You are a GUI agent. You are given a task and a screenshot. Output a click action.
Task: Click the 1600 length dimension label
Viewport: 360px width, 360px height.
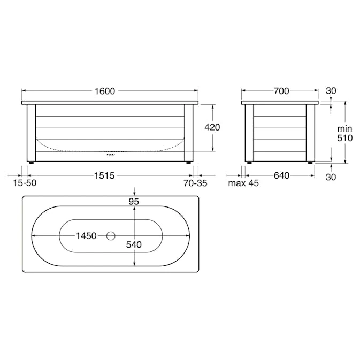click(105, 91)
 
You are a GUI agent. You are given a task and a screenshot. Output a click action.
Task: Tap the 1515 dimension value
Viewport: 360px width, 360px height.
click(104, 175)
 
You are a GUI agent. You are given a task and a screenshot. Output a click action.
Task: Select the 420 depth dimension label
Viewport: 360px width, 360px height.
click(212, 127)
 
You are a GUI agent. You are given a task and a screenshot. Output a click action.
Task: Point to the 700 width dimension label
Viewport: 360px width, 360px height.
click(281, 91)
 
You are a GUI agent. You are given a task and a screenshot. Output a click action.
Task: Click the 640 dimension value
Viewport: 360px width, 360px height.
click(281, 175)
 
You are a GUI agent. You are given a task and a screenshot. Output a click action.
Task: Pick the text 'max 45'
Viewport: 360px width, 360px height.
click(243, 183)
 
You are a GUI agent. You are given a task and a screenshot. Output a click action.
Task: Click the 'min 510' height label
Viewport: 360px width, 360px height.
click(344, 133)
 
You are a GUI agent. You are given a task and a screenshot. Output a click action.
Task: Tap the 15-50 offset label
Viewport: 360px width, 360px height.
click(25, 183)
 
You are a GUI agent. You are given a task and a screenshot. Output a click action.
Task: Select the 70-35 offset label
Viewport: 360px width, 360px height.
click(195, 183)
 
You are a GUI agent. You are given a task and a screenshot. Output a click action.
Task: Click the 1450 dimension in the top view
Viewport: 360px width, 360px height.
click(86, 236)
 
